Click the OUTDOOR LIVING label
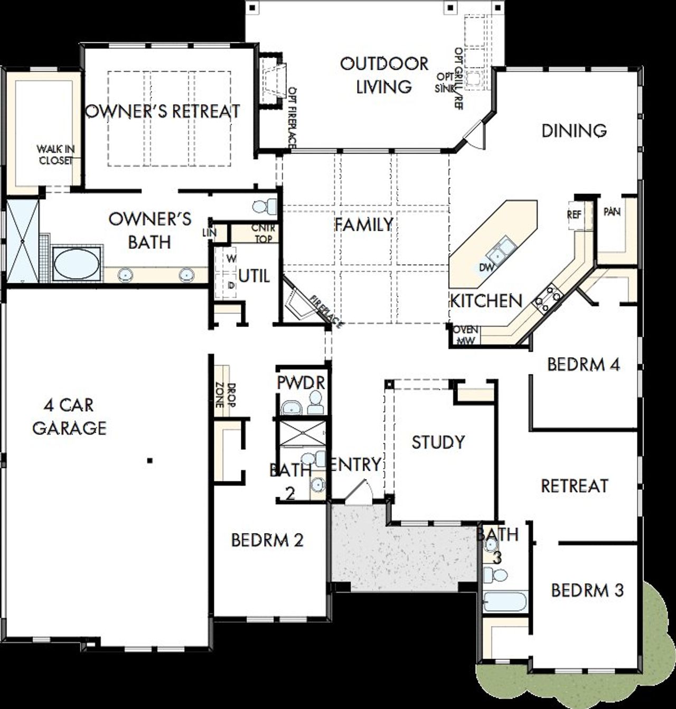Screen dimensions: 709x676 coord(383,75)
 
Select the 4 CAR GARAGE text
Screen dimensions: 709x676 coord(69,416)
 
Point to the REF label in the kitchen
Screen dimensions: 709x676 coord(574,215)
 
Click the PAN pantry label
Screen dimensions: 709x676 coord(612,212)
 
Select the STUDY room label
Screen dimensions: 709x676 coord(438,442)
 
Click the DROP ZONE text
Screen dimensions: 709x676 coord(225,394)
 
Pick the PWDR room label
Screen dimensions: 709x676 coord(301,383)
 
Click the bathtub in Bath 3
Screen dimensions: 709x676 coord(504,601)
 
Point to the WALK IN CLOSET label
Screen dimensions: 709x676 coord(55,154)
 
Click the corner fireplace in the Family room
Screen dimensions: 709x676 coord(299,305)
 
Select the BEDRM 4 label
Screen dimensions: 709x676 coord(583,365)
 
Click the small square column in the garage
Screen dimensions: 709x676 coord(150,461)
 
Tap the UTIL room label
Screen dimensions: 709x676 coord(254,276)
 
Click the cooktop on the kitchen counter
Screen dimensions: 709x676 coord(547,297)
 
